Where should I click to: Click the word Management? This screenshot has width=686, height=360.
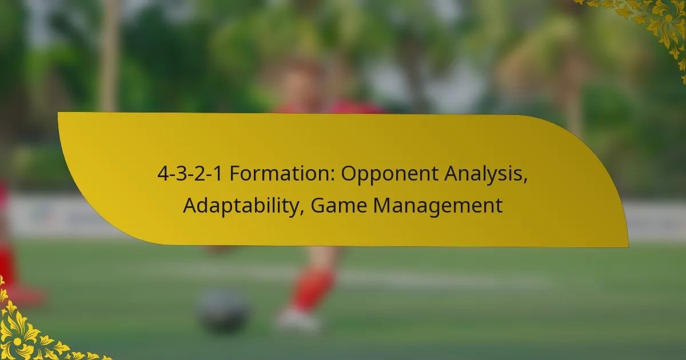(x=438, y=205)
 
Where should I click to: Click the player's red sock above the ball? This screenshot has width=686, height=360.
(x=311, y=289)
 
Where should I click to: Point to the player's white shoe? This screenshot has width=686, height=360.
(x=297, y=319)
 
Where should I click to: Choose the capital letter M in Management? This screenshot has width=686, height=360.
(x=381, y=205)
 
